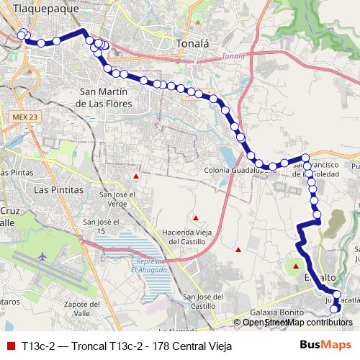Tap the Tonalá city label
tap(192, 43)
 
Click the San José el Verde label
tap(117, 199)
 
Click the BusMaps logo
tap(326, 345)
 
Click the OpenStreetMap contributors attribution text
tap(297, 322)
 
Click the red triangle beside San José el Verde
tap(135, 176)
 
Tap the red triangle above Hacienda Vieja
tap(194, 217)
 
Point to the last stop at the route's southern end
tap(334, 310)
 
